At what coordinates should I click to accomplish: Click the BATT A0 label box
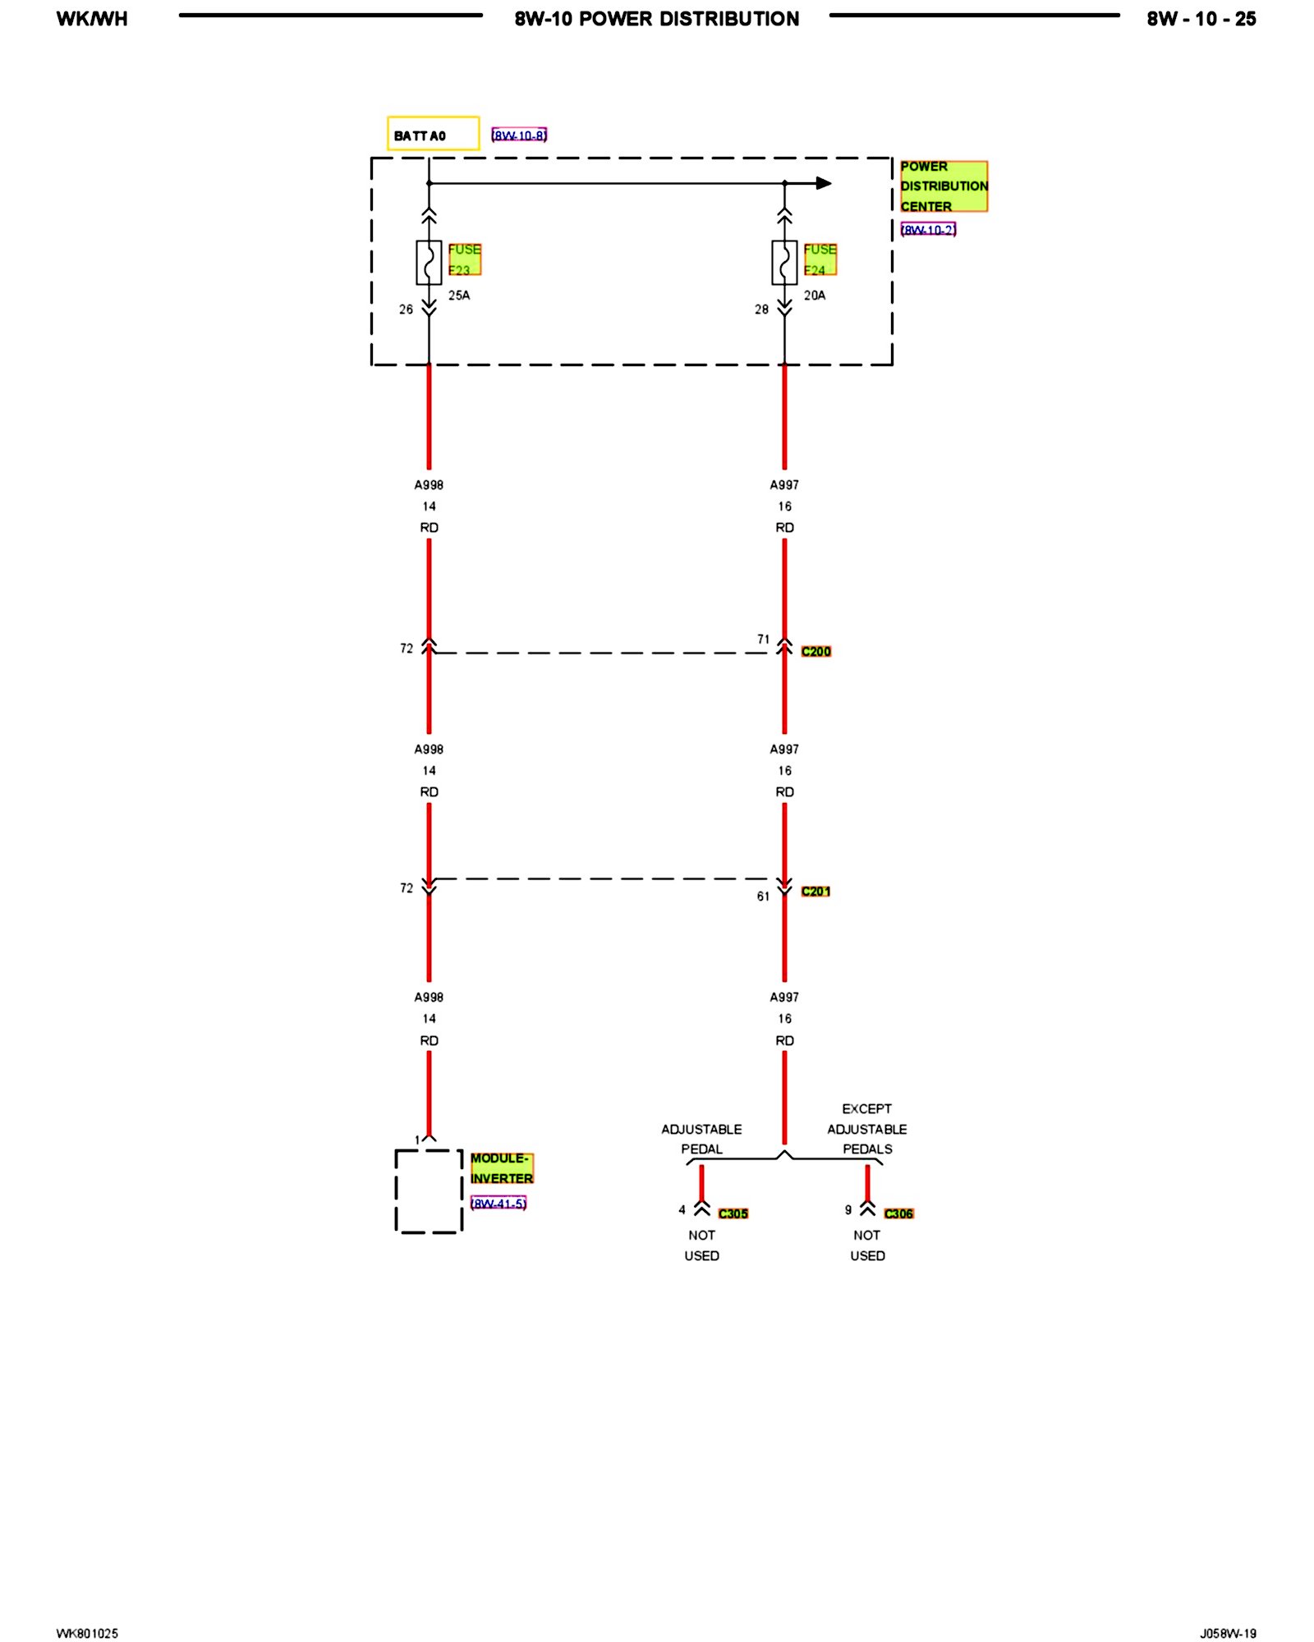(433, 134)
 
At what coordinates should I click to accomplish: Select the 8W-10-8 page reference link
(519, 135)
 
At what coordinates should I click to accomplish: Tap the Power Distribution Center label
(943, 186)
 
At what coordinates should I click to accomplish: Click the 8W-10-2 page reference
(928, 230)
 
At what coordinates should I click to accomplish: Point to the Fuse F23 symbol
(429, 263)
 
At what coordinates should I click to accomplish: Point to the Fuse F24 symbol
(784, 263)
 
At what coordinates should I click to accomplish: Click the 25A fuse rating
(459, 296)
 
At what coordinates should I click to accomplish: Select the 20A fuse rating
(815, 296)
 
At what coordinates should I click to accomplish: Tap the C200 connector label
(816, 651)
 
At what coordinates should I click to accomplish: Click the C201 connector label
(816, 891)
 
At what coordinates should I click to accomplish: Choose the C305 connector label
(733, 1213)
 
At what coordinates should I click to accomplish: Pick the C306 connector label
(898, 1213)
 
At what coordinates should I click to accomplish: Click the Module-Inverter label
(501, 1168)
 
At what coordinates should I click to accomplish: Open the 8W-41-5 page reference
(498, 1204)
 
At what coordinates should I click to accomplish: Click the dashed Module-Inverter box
(429, 1190)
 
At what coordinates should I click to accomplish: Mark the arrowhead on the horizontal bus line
(824, 183)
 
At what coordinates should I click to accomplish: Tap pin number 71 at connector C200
(764, 639)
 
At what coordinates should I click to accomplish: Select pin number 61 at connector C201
(764, 896)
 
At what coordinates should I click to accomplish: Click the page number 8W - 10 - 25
(1201, 19)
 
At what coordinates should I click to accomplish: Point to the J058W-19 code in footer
(1227, 1633)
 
